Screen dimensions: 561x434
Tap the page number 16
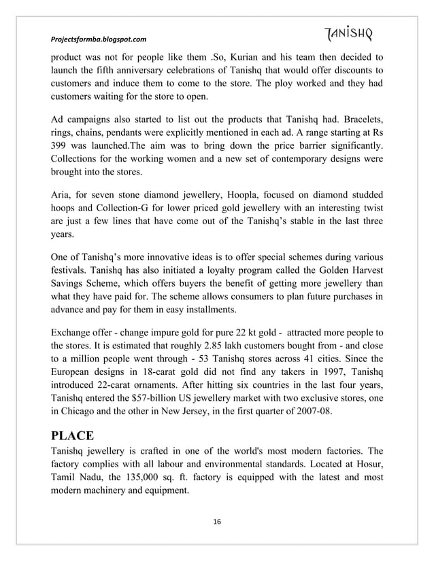(x=216, y=521)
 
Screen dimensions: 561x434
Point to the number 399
(x=63, y=147)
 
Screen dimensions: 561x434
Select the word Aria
(x=63, y=194)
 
